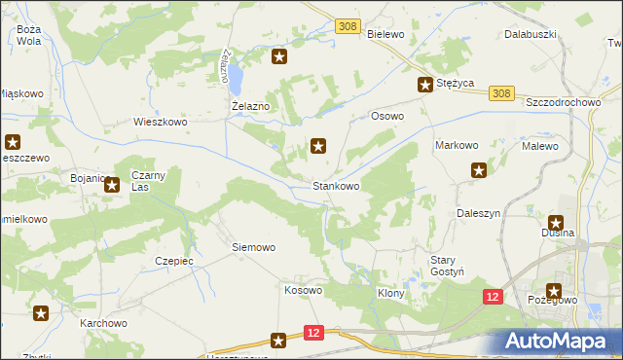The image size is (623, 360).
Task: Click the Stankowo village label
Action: (x=336, y=185)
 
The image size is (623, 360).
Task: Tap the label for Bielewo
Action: (x=385, y=32)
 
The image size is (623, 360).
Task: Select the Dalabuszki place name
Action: (x=530, y=34)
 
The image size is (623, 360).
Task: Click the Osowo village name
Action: (x=387, y=115)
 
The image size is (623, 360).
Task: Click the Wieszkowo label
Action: (x=160, y=123)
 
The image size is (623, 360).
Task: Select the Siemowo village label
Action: (x=253, y=247)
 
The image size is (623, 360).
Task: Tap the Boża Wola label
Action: (x=28, y=36)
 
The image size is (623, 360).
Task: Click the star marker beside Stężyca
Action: (x=425, y=85)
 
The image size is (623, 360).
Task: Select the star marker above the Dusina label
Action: (x=557, y=222)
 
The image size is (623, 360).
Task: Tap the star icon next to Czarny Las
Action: (x=112, y=183)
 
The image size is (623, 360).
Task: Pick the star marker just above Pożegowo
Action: (x=554, y=290)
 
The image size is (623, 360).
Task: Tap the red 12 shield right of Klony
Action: (x=494, y=296)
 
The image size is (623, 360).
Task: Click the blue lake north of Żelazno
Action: (x=235, y=72)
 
